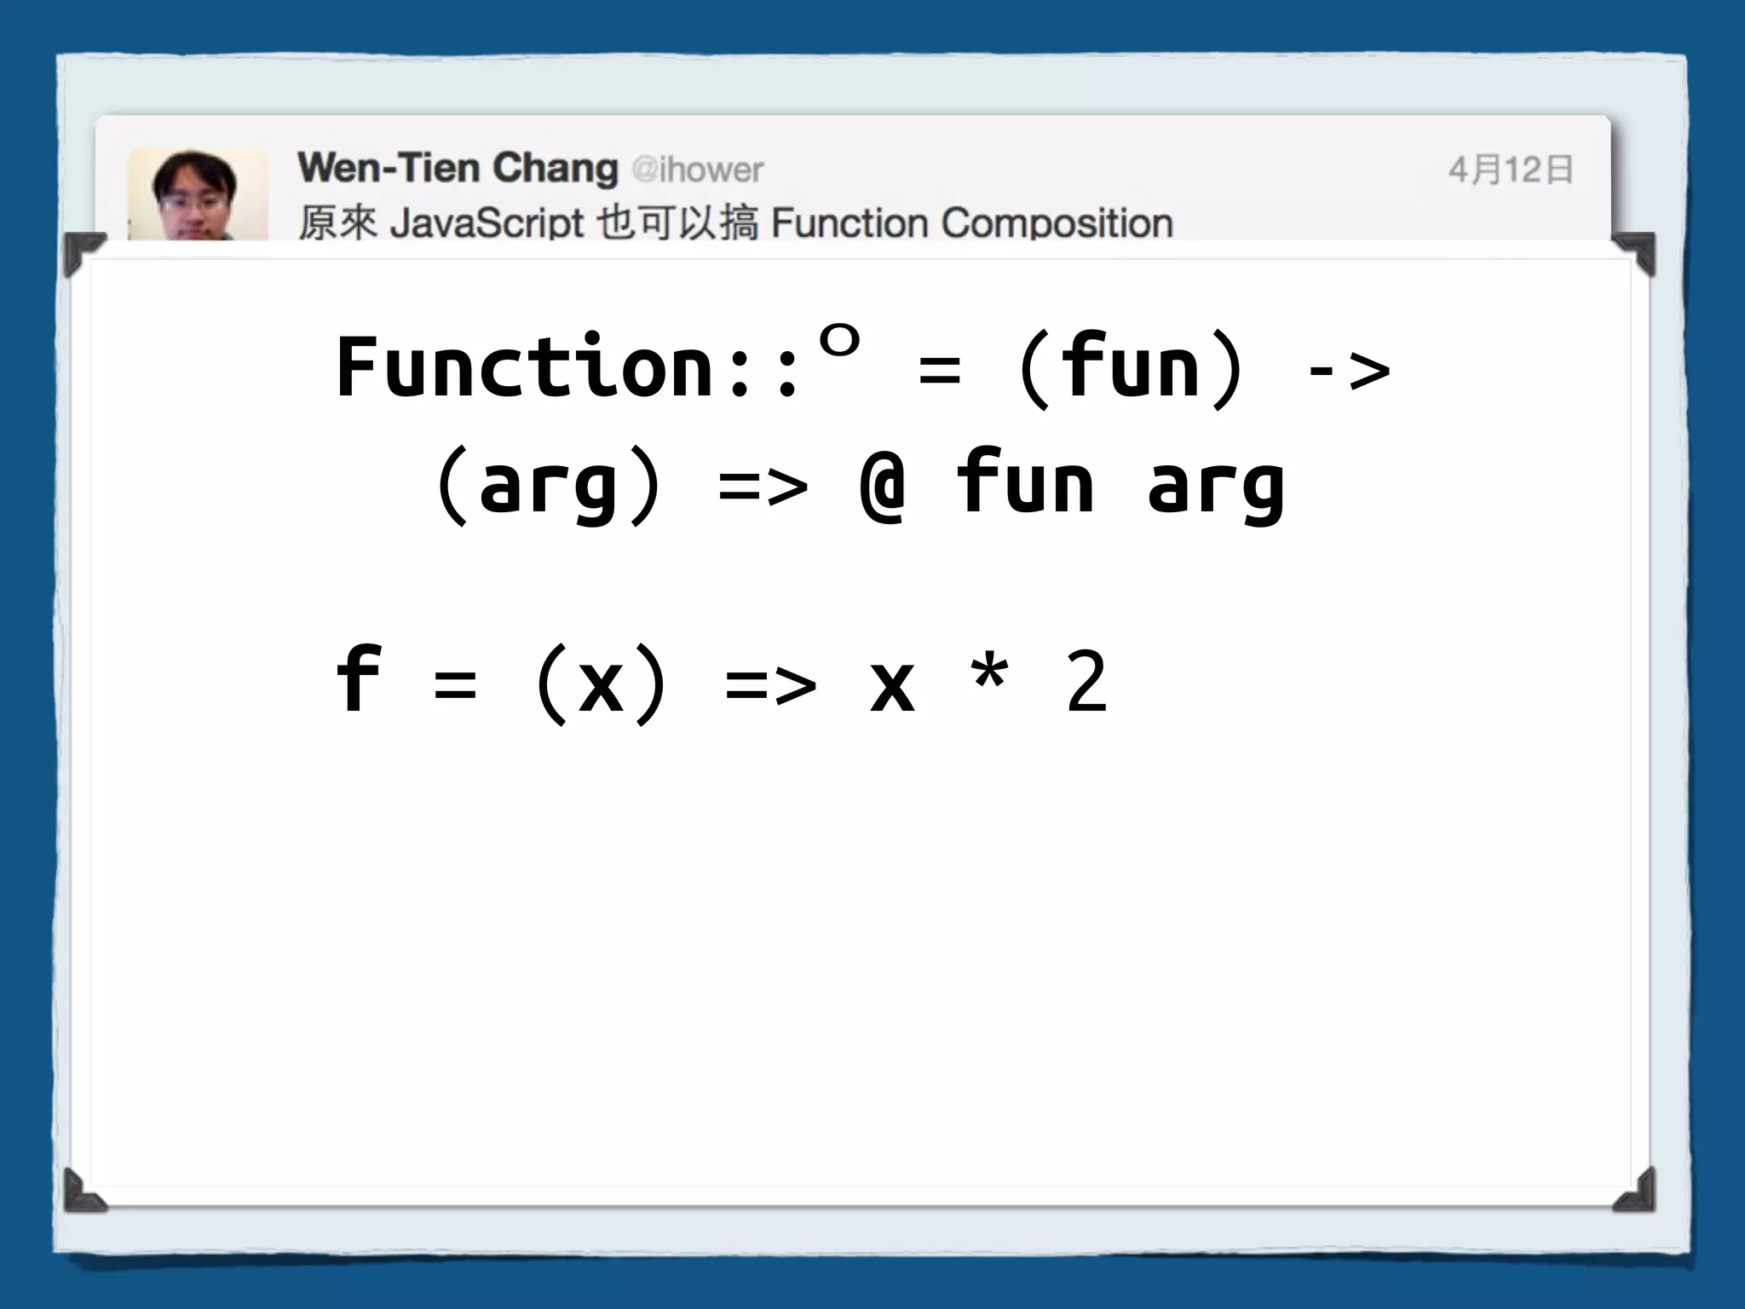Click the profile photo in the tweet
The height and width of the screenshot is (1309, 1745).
(198, 195)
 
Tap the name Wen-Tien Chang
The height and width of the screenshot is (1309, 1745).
(458, 168)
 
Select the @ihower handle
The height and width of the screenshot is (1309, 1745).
(698, 170)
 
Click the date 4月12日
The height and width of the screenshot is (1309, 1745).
(1510, 170)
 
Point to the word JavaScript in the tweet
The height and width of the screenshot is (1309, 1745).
(487, 223)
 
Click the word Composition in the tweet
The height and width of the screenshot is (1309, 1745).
(1057, 223)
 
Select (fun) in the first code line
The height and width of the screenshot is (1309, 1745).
(1131, 367)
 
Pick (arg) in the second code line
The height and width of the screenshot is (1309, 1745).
(548, 485)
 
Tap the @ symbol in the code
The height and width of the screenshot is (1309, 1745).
(883, 485)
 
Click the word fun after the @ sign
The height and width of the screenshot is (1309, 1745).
(1025, 483)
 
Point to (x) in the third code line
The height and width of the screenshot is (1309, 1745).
(601, 683)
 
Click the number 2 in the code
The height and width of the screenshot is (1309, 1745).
(1086, 681)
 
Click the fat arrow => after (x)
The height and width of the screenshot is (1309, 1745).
(770, 684)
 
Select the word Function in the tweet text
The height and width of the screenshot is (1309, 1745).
(849, 223)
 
